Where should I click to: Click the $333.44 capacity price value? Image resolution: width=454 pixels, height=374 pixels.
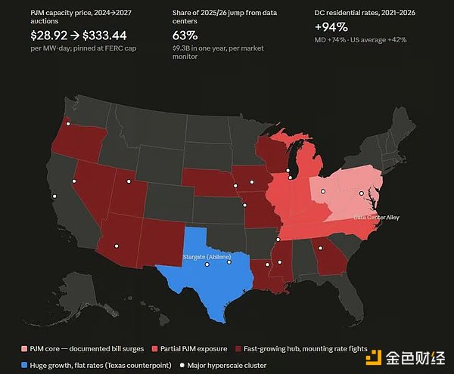(104, 36)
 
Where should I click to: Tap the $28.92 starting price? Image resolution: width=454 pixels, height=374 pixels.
(49, 36)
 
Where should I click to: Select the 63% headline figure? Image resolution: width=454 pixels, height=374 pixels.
(185, 36)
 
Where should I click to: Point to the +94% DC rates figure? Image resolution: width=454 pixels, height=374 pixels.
(331, 27)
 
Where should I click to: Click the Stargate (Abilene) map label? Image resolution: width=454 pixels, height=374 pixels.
(207, 257)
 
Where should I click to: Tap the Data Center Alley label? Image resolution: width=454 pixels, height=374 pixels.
(376, 217)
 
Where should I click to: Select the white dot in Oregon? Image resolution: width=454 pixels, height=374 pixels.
(68, 124)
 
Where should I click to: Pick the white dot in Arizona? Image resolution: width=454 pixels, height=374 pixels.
(117, 246)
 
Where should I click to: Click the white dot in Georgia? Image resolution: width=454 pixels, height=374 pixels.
(321, 248)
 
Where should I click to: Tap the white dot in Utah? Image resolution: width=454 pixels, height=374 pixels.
(129, 181)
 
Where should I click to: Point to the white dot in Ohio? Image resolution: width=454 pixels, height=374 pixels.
(323, 191)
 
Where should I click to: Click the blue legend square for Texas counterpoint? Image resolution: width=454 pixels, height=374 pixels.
(24, 365)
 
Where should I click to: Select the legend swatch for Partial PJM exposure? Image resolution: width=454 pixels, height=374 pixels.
(154, 348)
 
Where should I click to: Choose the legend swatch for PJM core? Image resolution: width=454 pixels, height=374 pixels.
(24, 348)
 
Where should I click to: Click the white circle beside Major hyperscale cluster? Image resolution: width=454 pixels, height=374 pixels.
(182, 366)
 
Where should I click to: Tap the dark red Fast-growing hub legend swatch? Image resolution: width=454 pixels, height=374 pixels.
(238, 348)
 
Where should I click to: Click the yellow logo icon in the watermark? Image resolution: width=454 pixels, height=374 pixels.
(374, 357)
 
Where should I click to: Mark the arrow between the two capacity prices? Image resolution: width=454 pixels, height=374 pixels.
(75, 36)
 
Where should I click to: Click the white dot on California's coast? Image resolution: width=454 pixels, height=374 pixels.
(54, 196)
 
